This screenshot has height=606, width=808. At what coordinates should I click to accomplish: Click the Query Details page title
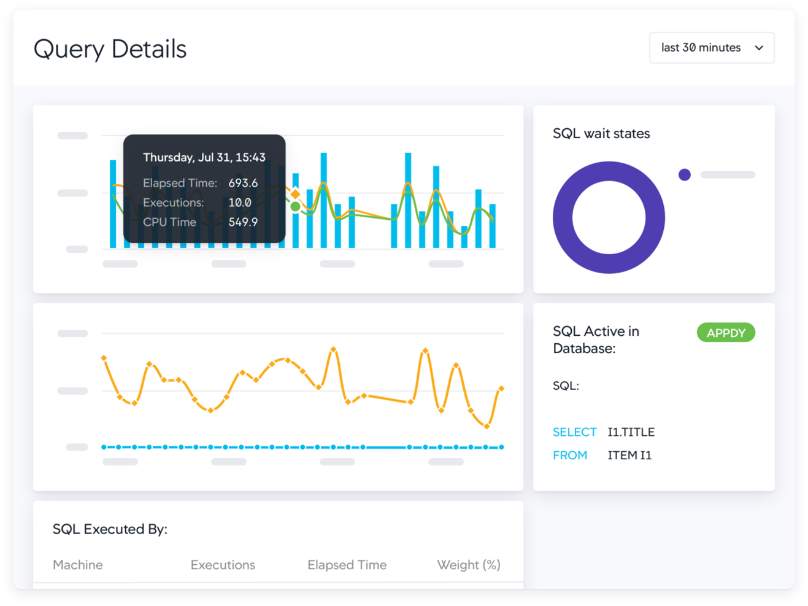click(110, 49)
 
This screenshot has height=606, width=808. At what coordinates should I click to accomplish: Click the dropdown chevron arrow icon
click(759, 48)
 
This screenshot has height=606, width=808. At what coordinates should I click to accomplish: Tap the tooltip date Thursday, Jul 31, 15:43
click(204, 157)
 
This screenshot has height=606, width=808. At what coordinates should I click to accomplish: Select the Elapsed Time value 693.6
click(243, 183)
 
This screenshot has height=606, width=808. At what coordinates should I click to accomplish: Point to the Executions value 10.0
click(239, 203)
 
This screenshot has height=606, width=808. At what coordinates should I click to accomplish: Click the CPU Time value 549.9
click(243, 222)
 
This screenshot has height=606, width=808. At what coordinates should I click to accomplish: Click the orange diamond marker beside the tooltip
click(296, 194)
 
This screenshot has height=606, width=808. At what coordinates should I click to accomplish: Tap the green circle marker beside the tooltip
click(296, 207)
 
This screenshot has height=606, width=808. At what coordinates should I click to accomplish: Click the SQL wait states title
click(601, 134)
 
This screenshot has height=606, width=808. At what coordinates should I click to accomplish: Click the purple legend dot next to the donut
click(685, 175)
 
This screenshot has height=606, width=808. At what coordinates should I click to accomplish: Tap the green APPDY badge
click(726, 333)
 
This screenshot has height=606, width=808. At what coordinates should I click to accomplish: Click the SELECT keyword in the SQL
click(574, 432)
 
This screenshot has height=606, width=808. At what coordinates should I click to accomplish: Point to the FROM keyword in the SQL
click(570, 456)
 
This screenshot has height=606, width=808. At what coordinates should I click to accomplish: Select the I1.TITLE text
click(631, 432)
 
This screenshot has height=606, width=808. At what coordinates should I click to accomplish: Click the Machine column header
click(78, 565)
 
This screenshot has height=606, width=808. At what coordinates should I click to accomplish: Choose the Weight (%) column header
click(468, 565)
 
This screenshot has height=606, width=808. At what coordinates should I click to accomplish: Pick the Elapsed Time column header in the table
click(347, 565)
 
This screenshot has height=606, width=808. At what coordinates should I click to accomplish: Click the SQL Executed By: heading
click(110, 529)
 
